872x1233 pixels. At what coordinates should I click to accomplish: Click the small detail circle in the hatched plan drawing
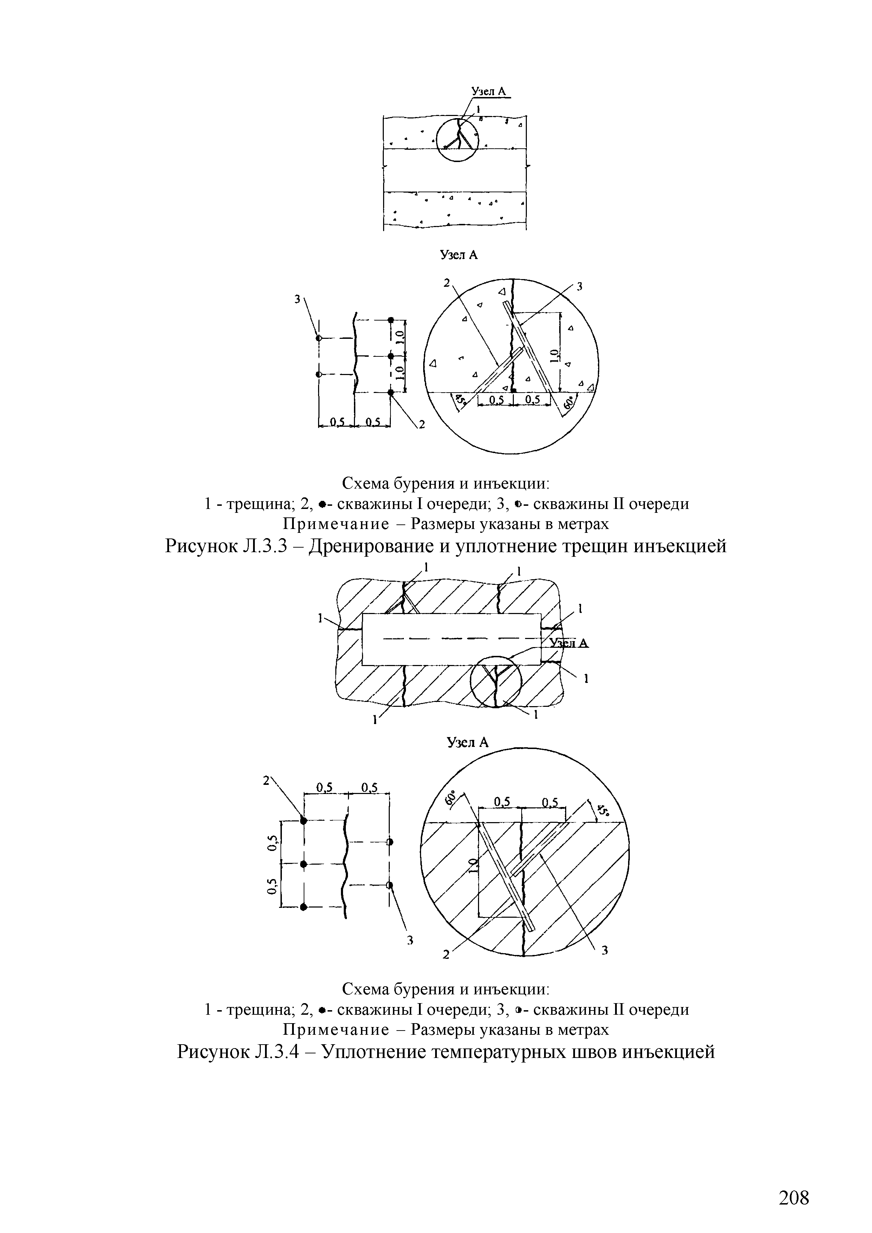pos(495,682)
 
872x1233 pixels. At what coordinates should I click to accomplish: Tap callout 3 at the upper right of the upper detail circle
pos(579,287)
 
